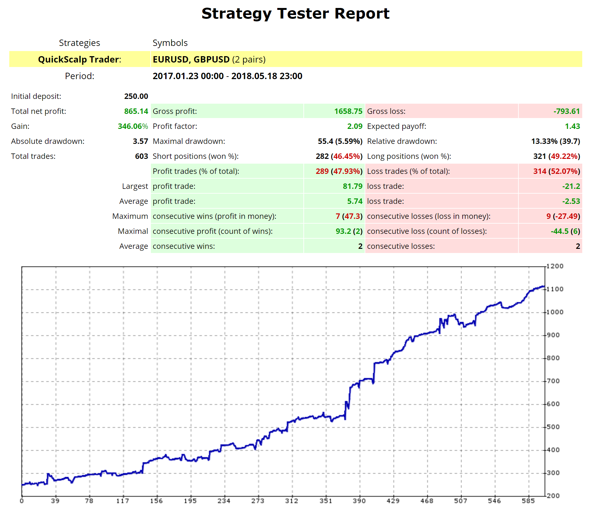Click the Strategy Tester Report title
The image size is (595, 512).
click(295, 14)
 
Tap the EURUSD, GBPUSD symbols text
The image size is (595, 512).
click(191, 60)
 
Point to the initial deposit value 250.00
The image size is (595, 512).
click(136, 96)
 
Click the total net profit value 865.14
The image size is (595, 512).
click(136, 111)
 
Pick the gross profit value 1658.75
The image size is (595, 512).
click(348, 111)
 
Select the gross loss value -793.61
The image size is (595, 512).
click(566, 111)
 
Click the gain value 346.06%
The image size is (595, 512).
click(133, 126)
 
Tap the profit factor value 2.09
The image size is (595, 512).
click(355, 126)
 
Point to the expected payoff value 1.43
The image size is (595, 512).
click(572, 126)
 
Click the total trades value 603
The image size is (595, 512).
click(141, 156)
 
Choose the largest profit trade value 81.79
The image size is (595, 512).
click(353, 186)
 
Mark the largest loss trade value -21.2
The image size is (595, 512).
click(571, 186)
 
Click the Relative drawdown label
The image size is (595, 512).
click(402, 141)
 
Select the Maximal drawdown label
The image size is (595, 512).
click(189, 141)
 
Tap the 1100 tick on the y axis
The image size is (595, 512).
click(555, 289)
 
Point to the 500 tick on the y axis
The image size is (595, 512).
click(553, 427)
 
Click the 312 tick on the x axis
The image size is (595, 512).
click(292, 501)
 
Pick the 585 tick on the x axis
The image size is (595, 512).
click(528, 501)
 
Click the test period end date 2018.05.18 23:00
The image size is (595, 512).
click(267, 76)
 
